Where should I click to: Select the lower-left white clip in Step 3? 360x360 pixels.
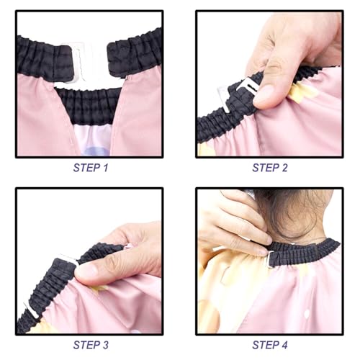30,310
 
